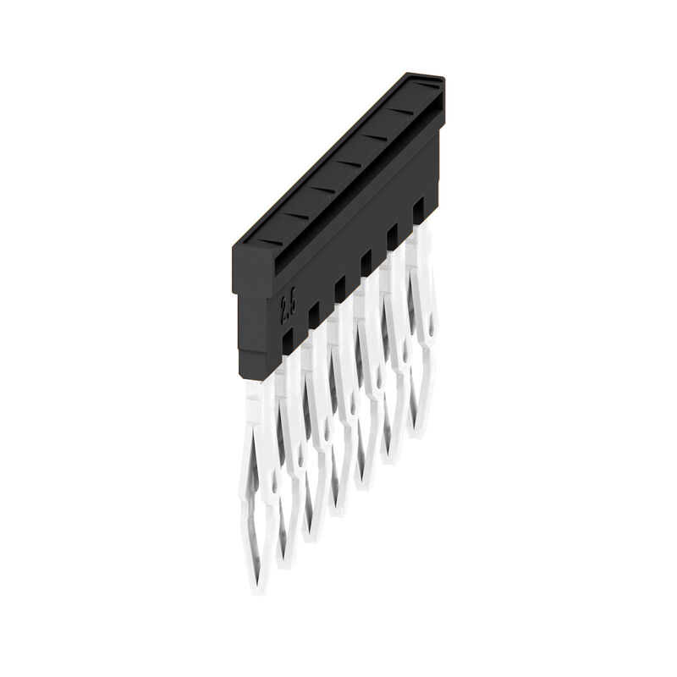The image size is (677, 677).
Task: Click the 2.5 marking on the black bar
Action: coord(288,306)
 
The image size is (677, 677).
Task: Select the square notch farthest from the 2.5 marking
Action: coord(418,207)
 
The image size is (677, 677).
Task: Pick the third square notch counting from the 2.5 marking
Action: coord(340,287)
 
